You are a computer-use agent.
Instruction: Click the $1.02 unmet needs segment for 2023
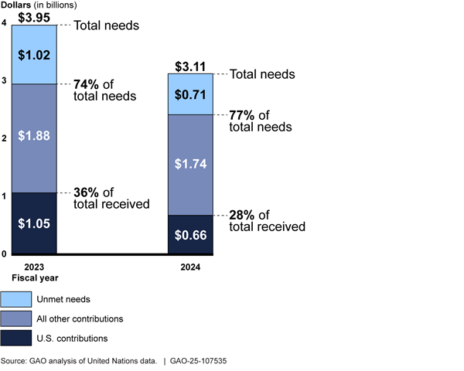coord(35,55)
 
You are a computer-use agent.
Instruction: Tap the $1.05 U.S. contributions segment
coord(35,223)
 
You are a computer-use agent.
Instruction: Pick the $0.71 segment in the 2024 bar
coord(191,95)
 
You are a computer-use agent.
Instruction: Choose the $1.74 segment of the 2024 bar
coord(191,165)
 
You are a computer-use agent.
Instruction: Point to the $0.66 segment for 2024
coord(191,234)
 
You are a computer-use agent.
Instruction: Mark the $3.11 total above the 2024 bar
coord(191,66)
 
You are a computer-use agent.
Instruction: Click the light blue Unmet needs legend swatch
coord(15,299)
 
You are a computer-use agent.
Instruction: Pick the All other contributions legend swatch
coord(15,318)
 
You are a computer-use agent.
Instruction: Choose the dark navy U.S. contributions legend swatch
coord(15,338)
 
